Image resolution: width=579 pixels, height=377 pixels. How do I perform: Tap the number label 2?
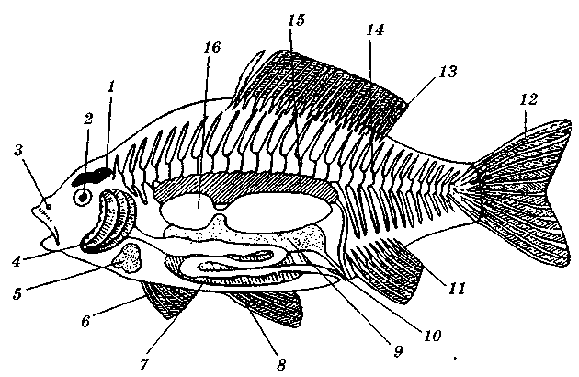87,120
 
